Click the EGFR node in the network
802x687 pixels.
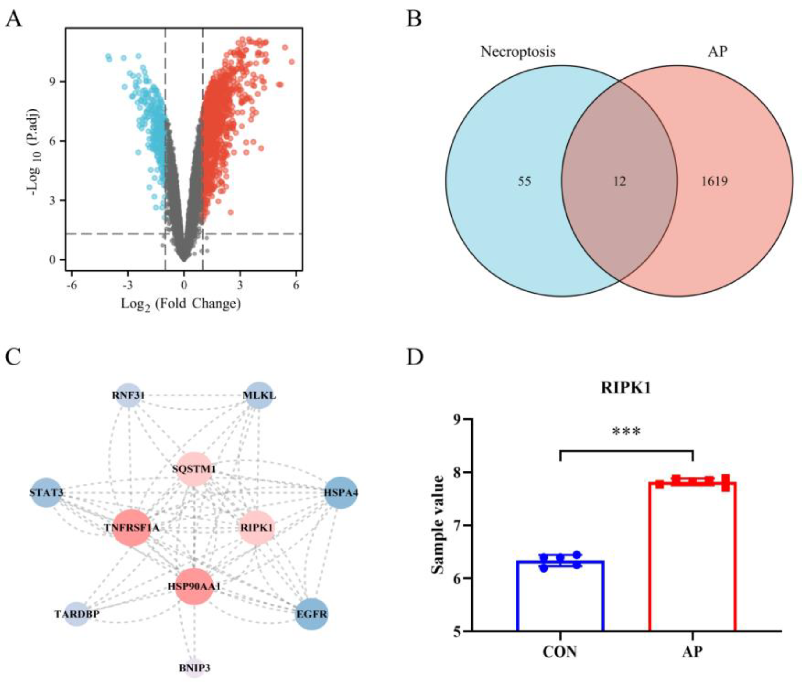click(312, 614)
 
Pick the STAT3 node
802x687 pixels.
click(46, 493)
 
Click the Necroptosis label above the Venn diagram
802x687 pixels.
click(518, 52)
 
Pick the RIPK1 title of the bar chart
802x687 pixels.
click(626, 388)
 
